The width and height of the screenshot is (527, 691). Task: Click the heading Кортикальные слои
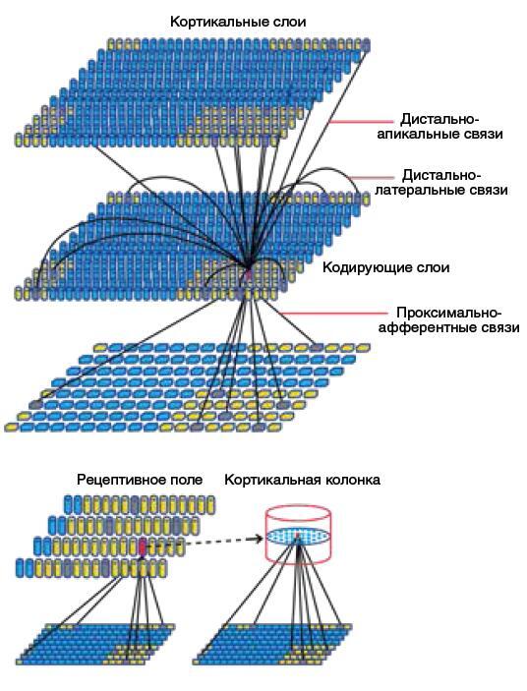[x=238, y=22]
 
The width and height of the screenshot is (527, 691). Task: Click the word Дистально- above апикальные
[x=439, y=120]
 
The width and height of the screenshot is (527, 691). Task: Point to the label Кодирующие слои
[x=386, y=267]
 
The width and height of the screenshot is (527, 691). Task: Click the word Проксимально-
[x=449, y=313]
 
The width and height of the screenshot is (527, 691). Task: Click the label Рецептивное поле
[x=140, y=480]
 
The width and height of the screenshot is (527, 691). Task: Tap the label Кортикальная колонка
[x=302, y=480]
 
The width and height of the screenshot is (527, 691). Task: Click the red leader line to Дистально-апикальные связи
[x=361, y=121]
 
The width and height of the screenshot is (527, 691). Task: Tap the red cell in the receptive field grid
[x=143, y=547]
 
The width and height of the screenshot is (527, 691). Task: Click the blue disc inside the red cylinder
[x=298, y=536]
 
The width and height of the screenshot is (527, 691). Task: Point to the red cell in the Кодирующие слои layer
[x=249, y=274]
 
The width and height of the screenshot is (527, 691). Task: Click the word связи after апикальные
[x=484, y=134]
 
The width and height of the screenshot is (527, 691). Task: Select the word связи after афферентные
[x=498, y=328]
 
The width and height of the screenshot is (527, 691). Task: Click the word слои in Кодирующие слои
[x=433, y=267]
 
